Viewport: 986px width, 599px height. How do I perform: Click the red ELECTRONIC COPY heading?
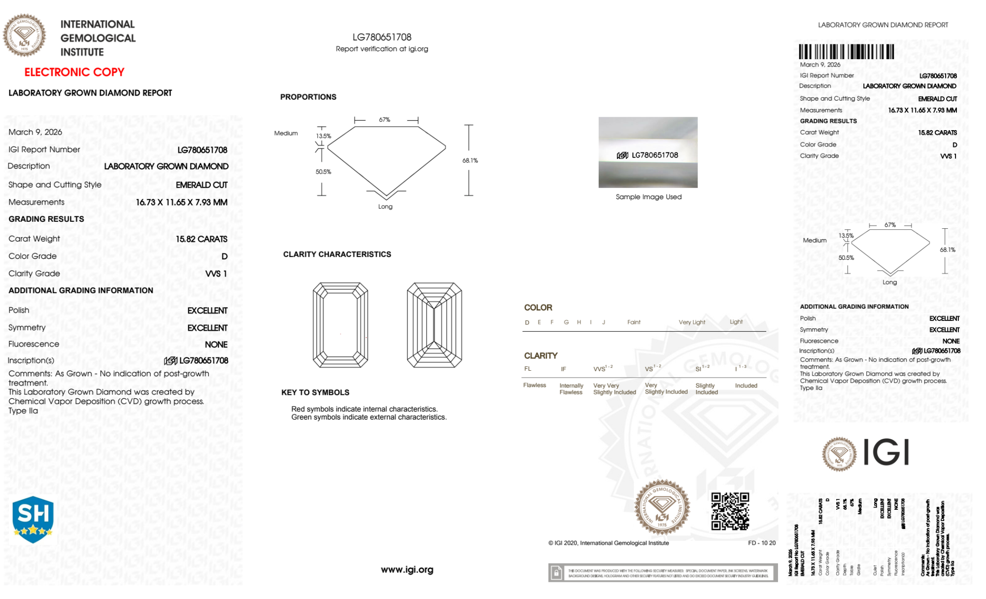[74, 72]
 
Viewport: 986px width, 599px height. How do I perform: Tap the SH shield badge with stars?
[33, 519]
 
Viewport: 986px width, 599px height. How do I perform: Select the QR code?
[730, 511]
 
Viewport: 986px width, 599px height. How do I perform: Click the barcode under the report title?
[846, 52]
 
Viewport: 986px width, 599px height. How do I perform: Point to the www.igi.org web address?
[407, 569]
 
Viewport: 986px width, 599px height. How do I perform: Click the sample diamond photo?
[647, 152]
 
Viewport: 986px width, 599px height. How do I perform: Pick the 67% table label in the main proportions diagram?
[384, 120]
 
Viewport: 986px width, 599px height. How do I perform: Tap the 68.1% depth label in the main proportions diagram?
[470, 160]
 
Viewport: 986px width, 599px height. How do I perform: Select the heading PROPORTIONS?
[308, 97]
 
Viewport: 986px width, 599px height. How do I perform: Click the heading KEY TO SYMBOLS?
[315, 392]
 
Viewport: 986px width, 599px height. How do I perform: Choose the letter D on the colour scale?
[527, 322]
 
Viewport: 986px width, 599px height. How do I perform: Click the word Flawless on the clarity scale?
[534, 385]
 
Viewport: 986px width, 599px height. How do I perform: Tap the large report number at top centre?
[381, 37]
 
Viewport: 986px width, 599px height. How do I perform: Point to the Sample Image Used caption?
[648, 197]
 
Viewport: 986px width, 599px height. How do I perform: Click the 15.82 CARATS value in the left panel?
[202, 239]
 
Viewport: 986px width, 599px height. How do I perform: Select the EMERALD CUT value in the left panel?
[202, 185]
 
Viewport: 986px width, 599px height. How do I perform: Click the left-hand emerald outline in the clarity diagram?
[340, 325]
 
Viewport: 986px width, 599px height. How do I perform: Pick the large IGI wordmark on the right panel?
[886, 452]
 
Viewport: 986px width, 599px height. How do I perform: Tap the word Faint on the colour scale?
[634, 322]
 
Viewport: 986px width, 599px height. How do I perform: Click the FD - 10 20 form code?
[761, 543]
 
